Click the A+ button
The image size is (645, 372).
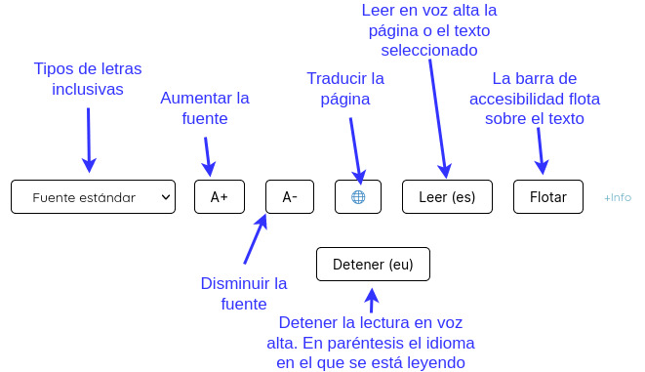[x=219, y=197]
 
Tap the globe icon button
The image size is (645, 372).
[x=358, y=197]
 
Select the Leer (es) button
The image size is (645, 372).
[x=446, y=197]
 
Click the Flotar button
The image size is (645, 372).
[x=547, y=197]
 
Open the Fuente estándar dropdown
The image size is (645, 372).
[x=93, y=197]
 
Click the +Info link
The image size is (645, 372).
[x=617, y=197]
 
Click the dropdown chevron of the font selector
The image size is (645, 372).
[x=165, y=197]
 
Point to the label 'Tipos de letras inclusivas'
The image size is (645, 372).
[x=88, y=79]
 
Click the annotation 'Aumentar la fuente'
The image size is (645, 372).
[x=205, y=108]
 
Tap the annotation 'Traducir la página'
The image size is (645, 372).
[x=345, y=88]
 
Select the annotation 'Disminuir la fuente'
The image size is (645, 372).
[x=244, y=294]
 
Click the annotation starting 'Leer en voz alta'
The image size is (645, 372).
[x=430, y=29]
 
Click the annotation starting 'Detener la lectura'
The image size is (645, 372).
[x=371, y=343]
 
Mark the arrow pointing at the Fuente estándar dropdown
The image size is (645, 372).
[x=89, y=139]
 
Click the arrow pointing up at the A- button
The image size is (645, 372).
[x=253, y=239]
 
